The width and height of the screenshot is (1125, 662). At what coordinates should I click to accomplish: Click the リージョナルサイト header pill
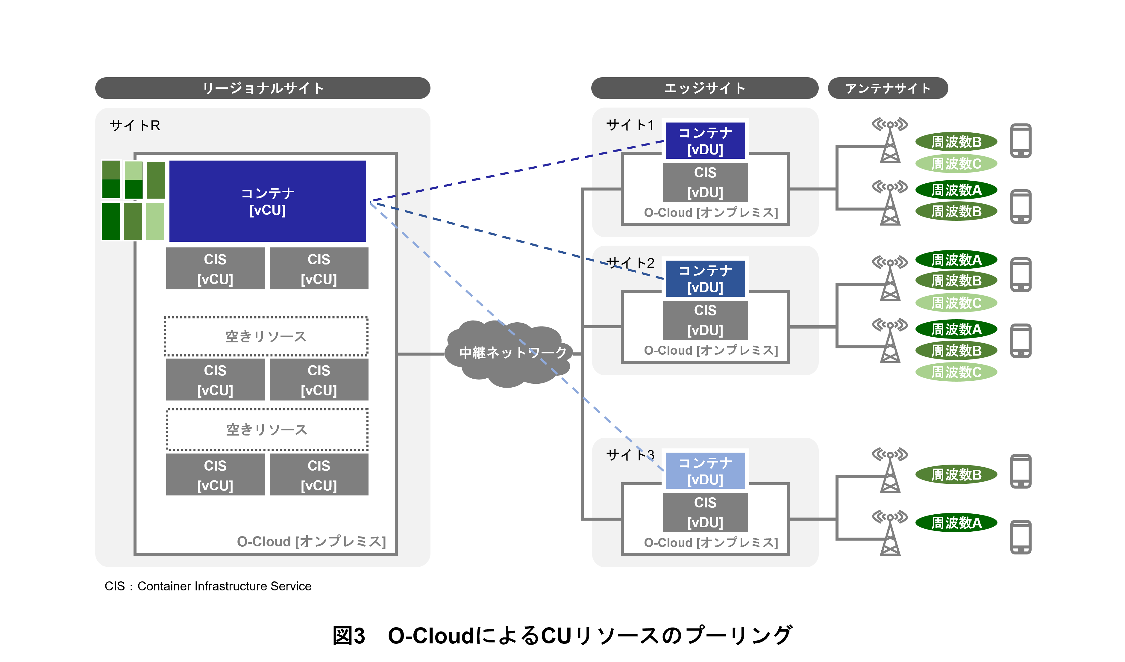(263, 88)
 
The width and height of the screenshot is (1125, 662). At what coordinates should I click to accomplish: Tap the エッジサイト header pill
(704, 88)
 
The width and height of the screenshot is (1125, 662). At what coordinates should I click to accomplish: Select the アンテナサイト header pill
(888, 88)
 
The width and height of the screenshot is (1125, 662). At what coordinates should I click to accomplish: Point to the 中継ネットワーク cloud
(509, 353)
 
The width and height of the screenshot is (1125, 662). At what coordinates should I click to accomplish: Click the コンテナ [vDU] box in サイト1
(705, 141)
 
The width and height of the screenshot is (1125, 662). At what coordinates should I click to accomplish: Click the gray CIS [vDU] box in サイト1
(705, 182)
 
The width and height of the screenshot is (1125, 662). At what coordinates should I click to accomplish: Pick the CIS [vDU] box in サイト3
(705, 512)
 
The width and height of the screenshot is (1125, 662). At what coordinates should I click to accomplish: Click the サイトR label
(134, 126)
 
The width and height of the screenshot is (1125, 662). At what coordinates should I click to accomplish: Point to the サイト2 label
(630, 263)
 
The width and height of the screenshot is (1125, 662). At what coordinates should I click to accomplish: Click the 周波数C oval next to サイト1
(956, 164)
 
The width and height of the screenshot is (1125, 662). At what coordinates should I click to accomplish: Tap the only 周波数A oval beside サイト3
(956, 523)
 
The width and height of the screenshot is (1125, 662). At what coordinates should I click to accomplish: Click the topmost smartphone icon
(1021, 140)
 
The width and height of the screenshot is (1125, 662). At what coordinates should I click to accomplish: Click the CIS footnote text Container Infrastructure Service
(224, 586)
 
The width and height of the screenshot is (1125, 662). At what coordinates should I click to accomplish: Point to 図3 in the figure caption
(349, 635)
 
